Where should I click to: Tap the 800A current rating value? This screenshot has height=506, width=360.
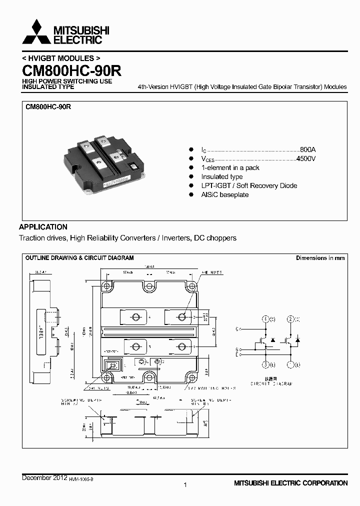point(307,149)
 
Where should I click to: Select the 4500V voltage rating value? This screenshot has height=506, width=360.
point(306,158)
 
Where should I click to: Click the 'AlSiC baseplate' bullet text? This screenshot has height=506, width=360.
point(224,194)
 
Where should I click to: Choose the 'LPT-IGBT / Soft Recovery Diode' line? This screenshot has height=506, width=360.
point(249,185)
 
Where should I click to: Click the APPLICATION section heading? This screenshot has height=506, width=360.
point(43,226)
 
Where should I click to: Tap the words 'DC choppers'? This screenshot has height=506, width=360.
point(215,238)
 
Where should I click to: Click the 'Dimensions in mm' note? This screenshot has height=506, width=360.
point(320,258)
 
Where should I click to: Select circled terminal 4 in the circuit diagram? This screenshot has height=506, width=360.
point(265,319)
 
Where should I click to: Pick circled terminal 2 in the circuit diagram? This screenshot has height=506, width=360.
point(290,319)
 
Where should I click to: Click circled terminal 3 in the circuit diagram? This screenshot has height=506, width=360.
point(265,364)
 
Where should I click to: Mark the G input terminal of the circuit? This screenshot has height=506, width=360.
point(238,348)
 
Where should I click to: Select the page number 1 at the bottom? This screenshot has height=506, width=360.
point(185,484)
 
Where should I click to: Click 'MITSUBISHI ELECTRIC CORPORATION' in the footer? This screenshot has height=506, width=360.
point(290,483)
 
